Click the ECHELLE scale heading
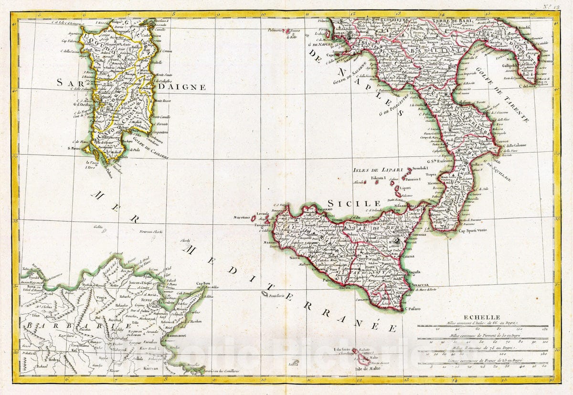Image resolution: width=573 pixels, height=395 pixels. (x=484, y=317)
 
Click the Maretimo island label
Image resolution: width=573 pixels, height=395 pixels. (x=242, y=218)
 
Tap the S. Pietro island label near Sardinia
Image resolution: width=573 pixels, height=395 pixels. (x=75, y=148)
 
